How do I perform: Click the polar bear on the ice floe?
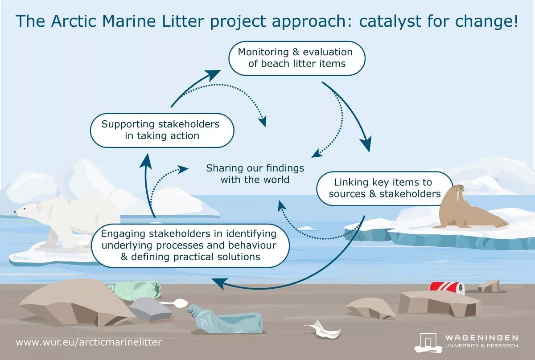click(x=67, y=218)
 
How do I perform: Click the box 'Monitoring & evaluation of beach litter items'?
click(x=296, y=58)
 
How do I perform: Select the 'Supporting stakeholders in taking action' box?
click(x=161, y=130)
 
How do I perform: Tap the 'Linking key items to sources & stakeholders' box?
click(x=384, y=188)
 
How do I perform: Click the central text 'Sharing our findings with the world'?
click(x=255, y=174)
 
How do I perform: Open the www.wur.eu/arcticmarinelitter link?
click(x=89, y=342)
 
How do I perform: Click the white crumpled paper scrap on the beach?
click(x=323, y=330)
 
